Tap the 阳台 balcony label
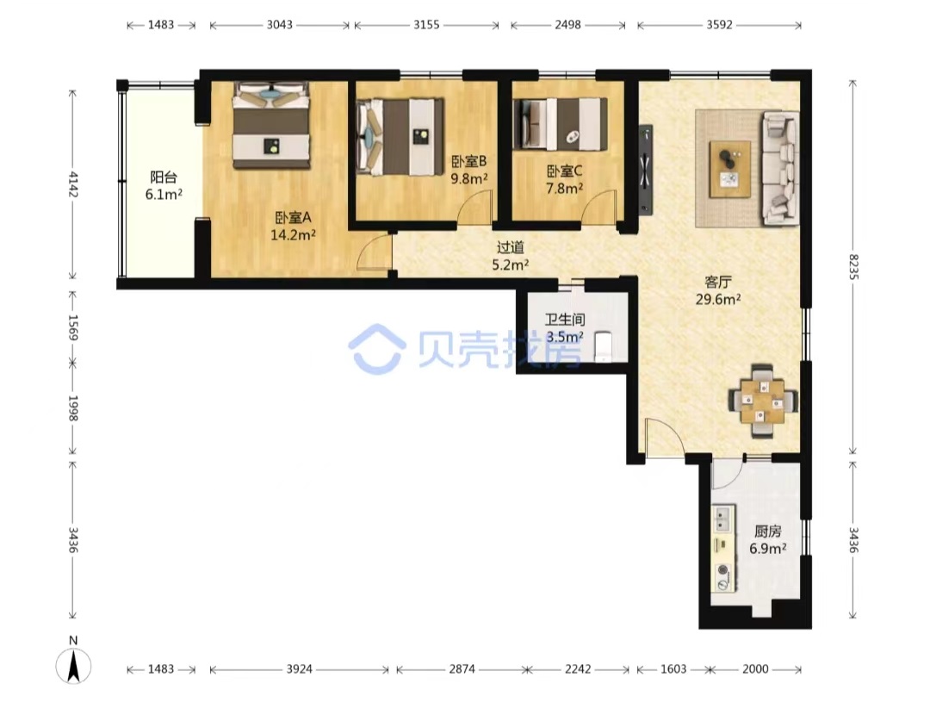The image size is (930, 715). pyautogui.click(x=164, y=177)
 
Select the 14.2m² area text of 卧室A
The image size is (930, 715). pyautogui.click(x=293, y=235)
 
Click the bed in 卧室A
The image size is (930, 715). pyautogui.click(x=271, y=125)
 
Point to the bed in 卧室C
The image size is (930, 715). pyautogui.click(x=561, y=123)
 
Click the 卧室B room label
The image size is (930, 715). pyautogui.click(x=468, y=161)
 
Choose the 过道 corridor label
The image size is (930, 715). pyautogui.click(x=511, y=247)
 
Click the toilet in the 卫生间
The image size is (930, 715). pyautogui.click(x=603, y=345)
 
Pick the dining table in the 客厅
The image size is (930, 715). pyautogui.click(x=762, y=401)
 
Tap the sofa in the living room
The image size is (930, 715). pyautogui.click(x=780, y=168)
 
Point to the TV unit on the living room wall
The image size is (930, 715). pyautogui.click(x=645, y=169)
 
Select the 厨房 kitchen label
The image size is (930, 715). pyautogui.click(x=768, y=531)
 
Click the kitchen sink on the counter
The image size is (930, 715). pyautogui.click(x=722, y=519)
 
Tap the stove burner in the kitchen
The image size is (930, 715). pyautogui.click(x=723, y=570)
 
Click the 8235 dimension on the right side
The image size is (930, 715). pyautogui.click(x=852, y=267)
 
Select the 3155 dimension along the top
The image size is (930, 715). pyautogui.click(x=426, y=24)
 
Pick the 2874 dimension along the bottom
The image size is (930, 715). pyautogui.click(x=462, y=669)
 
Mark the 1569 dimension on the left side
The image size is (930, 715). pyautogui.click(x=72, y=327)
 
